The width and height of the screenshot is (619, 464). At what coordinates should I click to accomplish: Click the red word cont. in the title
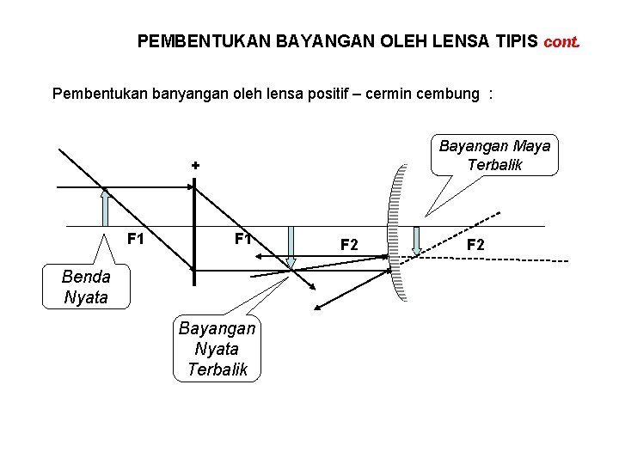click(561, 41)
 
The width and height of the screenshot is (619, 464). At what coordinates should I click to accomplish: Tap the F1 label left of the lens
click(135, 238)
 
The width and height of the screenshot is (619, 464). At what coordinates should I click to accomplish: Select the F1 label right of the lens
click(243, 238)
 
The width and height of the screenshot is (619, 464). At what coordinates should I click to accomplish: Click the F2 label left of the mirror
click(349, 245)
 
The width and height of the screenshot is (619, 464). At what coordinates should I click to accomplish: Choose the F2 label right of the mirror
click(475, 245)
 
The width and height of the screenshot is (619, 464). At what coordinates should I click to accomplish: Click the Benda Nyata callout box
click(86, 287)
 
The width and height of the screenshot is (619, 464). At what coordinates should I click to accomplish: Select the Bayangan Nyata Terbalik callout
click(217, 348)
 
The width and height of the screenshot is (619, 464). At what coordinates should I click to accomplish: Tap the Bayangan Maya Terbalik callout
click(494, 155)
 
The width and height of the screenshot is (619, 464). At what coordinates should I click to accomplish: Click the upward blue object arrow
click(105, 208)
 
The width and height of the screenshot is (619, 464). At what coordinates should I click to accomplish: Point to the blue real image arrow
click(291, 247)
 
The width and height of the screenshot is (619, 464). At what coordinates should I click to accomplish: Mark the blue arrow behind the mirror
click(417, 241)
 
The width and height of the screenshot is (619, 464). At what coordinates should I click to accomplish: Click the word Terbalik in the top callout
click(494, 164)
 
